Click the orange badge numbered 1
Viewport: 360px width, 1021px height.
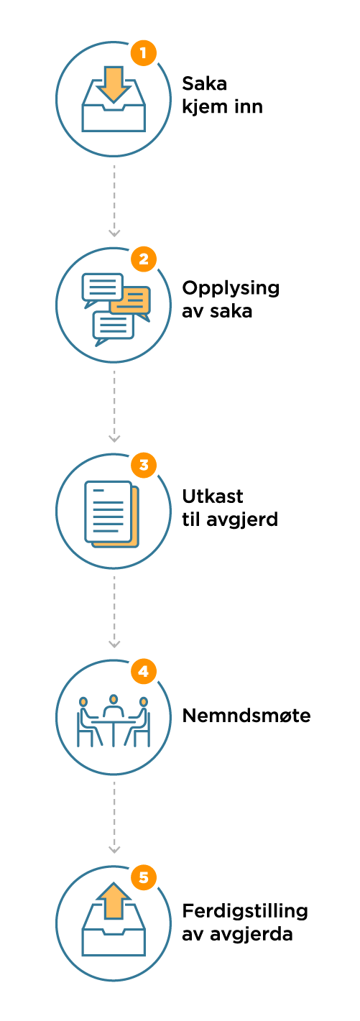[x=144, y=53]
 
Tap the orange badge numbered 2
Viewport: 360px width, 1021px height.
[x=144, y=259]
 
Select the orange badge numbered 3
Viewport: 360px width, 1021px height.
[x=144, y=466]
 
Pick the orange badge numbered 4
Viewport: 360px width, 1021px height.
[x=144, y=671]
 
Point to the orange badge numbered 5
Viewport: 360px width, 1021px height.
[x=144, y=877]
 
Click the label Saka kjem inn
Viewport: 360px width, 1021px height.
[x=222, y=96]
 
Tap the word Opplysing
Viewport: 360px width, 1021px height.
[x=231, y=289]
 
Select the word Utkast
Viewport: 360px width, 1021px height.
[x=213, y=496]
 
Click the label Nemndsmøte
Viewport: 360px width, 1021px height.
[x=246, y=716]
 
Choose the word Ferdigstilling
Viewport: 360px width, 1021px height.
[x=245, y=912]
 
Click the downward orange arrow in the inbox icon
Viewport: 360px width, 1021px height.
[x=114, y=84]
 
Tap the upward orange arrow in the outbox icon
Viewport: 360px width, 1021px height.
[x=114, y=900]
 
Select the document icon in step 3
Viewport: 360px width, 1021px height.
[x=111, y=514]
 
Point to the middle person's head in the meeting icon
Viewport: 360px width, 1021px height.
[x=114, y=699]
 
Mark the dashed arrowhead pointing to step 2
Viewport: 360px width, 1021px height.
[x=114, y=234]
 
